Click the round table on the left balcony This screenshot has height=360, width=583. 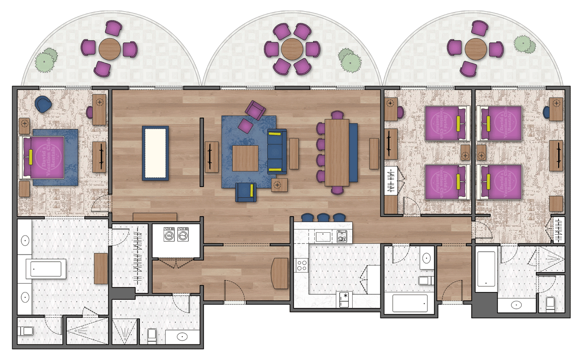(110, 48)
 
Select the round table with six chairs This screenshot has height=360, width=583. (292, 49)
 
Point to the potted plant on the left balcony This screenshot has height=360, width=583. (46, 58)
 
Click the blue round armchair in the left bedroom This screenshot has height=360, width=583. (43, 103)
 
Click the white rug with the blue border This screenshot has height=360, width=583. (155, 153)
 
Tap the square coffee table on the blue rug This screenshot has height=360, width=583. (245, 158)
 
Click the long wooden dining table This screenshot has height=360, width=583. (337, 152)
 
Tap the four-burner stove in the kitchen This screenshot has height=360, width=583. (302, 265)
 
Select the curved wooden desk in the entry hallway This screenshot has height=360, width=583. (281, 273)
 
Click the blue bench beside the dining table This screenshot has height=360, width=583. (353, 152)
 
